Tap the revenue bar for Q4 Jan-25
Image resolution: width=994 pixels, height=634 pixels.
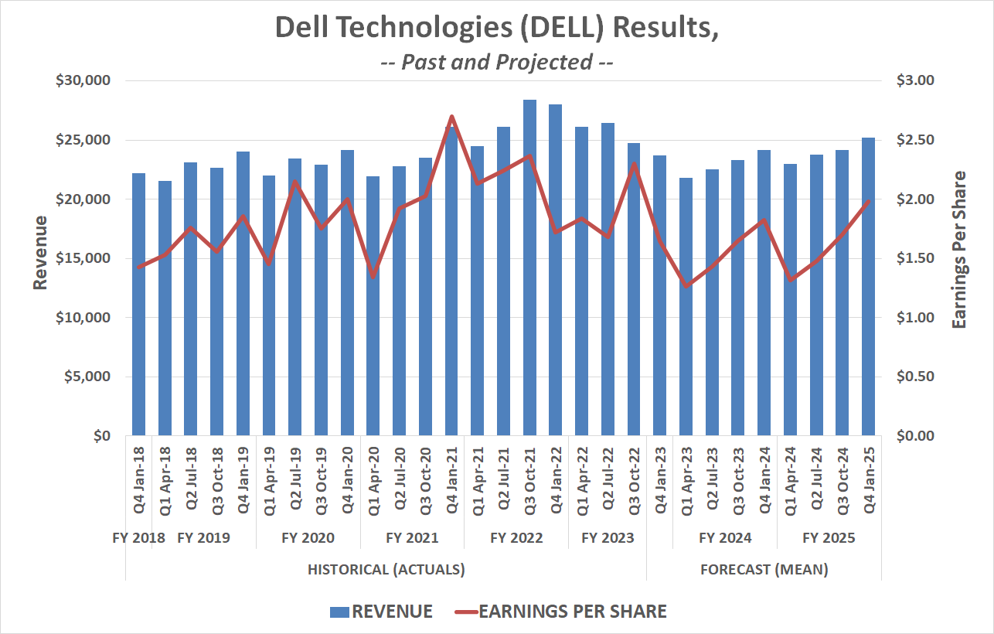coord(869,286)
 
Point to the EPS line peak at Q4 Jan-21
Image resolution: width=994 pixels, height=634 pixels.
coord(451,117)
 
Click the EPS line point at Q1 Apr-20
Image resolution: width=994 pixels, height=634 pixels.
coord(373,277)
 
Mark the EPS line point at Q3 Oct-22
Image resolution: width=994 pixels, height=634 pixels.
coord(634,164)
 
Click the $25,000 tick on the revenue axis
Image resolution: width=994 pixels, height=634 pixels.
coord(84,140)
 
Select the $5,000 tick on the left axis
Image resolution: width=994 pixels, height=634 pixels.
coord(87,377)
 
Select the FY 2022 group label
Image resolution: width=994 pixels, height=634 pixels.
coord(516,538)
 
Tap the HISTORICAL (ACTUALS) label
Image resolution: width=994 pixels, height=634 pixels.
coord(386,570)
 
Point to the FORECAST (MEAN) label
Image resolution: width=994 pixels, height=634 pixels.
coord(764,570)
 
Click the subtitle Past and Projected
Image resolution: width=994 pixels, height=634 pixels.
coord(497,62)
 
